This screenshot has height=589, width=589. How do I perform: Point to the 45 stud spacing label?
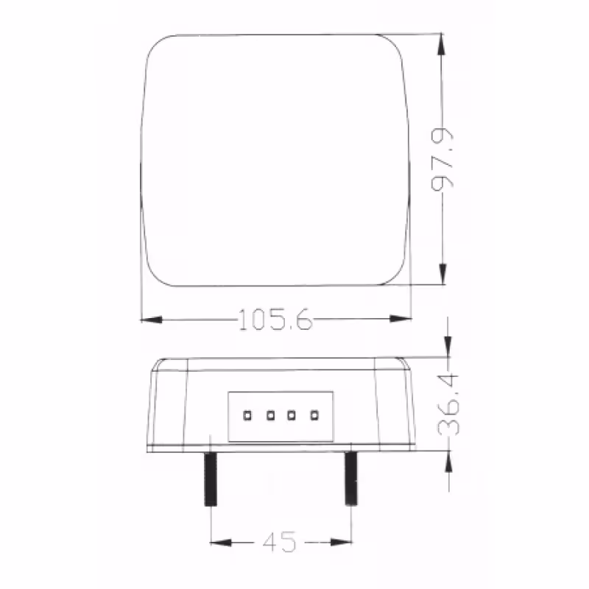279,543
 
